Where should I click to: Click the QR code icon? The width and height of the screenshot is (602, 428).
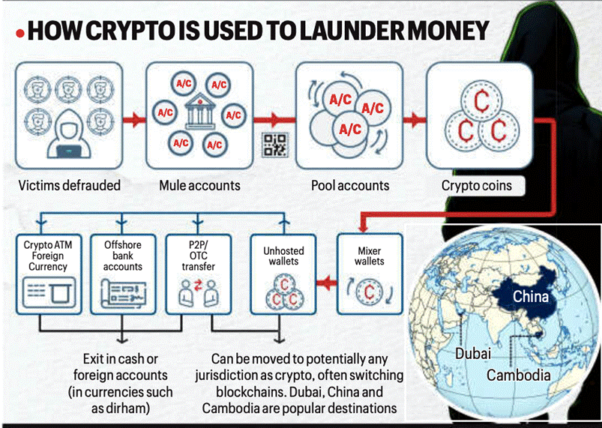click(274, 144)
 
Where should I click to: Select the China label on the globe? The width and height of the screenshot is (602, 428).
click(531, 297)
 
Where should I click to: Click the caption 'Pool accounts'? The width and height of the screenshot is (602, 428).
click(351, 185)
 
